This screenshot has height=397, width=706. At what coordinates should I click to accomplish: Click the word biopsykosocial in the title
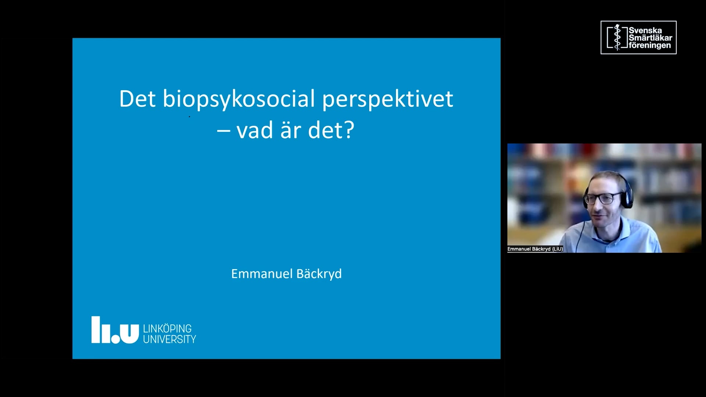point(239,99)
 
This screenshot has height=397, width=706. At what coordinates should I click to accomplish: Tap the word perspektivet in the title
point(388,99)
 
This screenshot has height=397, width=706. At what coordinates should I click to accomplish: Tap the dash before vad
point(224,130)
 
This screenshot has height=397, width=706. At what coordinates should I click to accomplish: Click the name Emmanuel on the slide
point(261,274)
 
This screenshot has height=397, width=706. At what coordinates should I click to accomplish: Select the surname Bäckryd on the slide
point(319,274)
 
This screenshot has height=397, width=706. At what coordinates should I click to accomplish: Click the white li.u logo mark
point(115,330)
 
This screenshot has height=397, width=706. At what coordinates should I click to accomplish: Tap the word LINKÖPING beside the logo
point(167,328)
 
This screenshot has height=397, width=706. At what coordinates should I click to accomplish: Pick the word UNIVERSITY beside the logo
point(170,339)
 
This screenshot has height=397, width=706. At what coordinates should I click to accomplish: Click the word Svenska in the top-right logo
point(645,31)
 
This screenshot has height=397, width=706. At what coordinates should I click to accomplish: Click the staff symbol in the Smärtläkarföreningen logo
point(617,37)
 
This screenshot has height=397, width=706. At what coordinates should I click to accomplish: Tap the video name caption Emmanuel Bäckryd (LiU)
point(535,249)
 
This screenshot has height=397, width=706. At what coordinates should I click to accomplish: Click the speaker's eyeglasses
point(599,199)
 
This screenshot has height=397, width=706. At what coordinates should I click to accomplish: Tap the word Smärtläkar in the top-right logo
point(650,38)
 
